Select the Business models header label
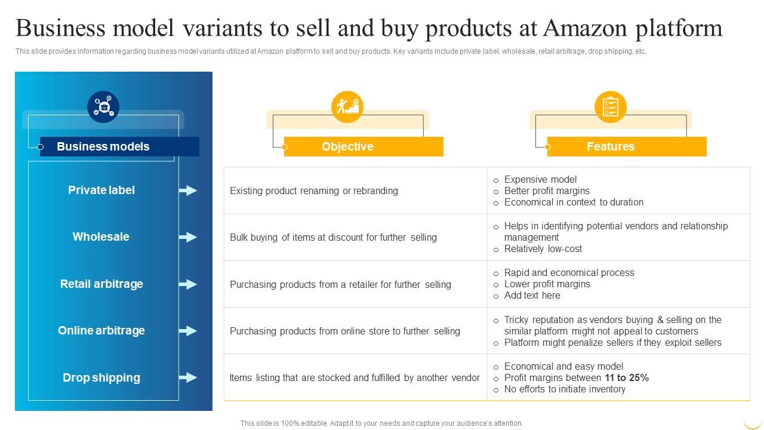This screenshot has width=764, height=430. pos(103,146)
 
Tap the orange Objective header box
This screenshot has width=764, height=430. pos(363,146)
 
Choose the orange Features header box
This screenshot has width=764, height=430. pos(626,146)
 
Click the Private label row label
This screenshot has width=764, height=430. pos(101,190)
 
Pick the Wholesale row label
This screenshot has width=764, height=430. pos(101,236)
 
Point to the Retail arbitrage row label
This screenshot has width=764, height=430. pos(101,284)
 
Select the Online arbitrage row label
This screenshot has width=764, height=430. pos(101,330)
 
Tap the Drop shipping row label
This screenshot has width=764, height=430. pos(101,377)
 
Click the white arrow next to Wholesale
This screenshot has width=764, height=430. pos(188,237)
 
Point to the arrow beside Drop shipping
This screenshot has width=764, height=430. pos(188,377)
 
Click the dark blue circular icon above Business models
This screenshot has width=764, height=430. pos(103,107)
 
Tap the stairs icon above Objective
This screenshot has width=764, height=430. pos(347,107)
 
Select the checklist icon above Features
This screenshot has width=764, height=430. pos(611,107)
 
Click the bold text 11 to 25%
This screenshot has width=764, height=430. pos(627,377)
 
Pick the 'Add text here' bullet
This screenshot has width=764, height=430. pos(532,295)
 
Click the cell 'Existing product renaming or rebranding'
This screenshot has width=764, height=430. pos(314,191)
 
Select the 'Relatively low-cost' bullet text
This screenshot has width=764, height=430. pos(543,248)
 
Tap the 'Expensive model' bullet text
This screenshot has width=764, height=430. pos(540,179)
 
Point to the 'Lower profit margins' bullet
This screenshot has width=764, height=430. pos(547,284)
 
